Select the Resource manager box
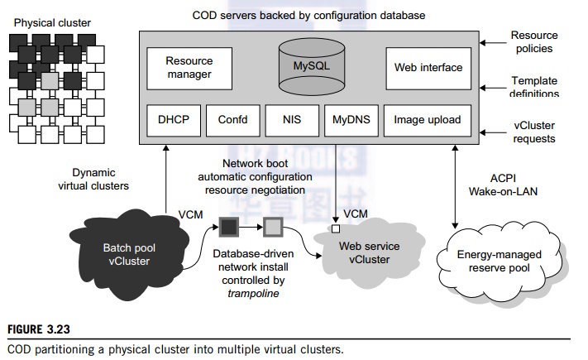pos(189,68)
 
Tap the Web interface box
pos(428,68)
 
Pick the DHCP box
pos(173,120)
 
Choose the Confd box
pos(232,120)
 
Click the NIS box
pos(291,120)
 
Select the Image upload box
pos(427,120)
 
